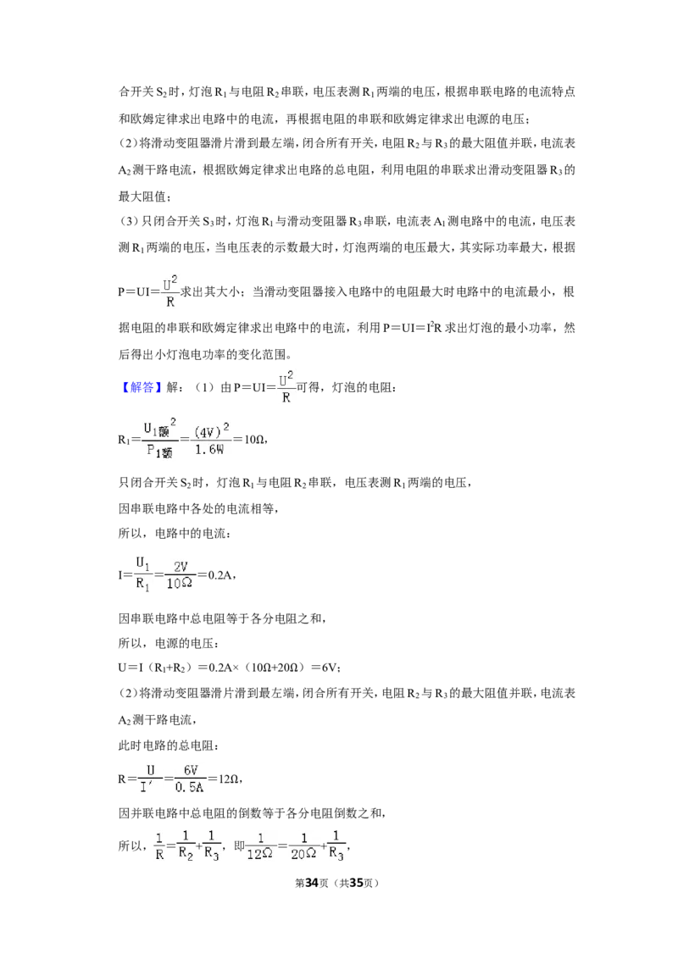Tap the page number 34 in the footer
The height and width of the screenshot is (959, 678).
(312, 883)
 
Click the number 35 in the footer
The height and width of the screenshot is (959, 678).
(356, 883)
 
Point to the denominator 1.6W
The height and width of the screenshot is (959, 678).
(209, 450)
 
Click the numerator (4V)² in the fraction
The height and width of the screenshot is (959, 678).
(211, 430)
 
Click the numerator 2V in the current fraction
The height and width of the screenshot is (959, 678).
(181, 567)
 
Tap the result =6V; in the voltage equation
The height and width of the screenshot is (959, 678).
(326, 668)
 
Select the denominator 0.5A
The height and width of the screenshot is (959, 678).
(189, 787)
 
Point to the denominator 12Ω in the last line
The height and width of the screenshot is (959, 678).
(260, 854)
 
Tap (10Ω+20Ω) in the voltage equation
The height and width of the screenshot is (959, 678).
(274, 668)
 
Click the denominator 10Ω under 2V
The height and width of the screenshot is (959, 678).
(180, 584)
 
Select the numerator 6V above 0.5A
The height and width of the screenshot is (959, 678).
(191, 771)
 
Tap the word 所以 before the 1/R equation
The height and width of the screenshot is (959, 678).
(130, 845)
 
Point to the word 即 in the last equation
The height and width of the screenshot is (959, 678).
(239, 845)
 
